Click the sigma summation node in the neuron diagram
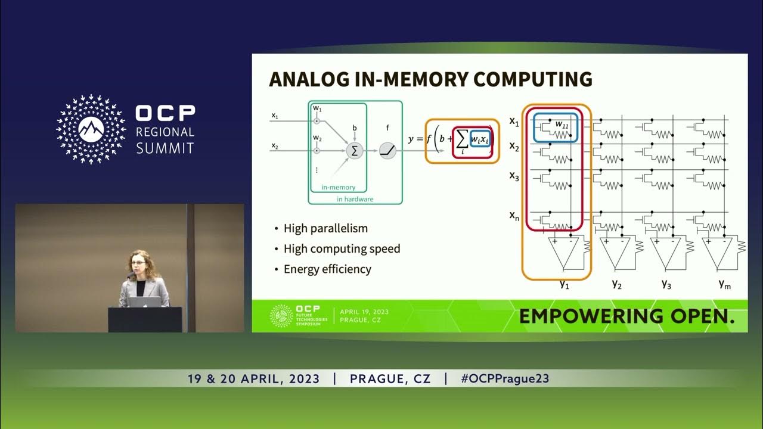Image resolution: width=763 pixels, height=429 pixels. (x=355, y=150)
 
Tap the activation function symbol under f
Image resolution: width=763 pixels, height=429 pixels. (x=388, y=151)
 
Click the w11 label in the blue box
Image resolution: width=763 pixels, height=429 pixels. (x=562, y=124)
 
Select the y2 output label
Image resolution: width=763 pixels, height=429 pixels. (x=617, y=284)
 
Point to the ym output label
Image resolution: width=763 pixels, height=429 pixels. (x=725, y=284)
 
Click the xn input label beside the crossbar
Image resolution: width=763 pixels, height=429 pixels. (x=514, y=216)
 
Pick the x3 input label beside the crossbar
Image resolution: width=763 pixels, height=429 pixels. (x=514, y=176)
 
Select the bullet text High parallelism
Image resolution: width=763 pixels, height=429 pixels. (x=325, y=228)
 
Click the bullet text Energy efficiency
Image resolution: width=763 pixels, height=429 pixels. (x=327, y=269)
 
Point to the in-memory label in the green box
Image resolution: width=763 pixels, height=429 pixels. (x=338, y=188)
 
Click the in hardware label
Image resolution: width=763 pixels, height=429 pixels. (x=355, y=199)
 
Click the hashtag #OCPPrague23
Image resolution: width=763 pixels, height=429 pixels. (x=505, y=378)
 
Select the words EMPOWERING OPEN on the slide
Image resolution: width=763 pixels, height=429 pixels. (x=626, y=316)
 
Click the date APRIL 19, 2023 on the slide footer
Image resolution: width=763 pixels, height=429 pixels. (x=364, y=312)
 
